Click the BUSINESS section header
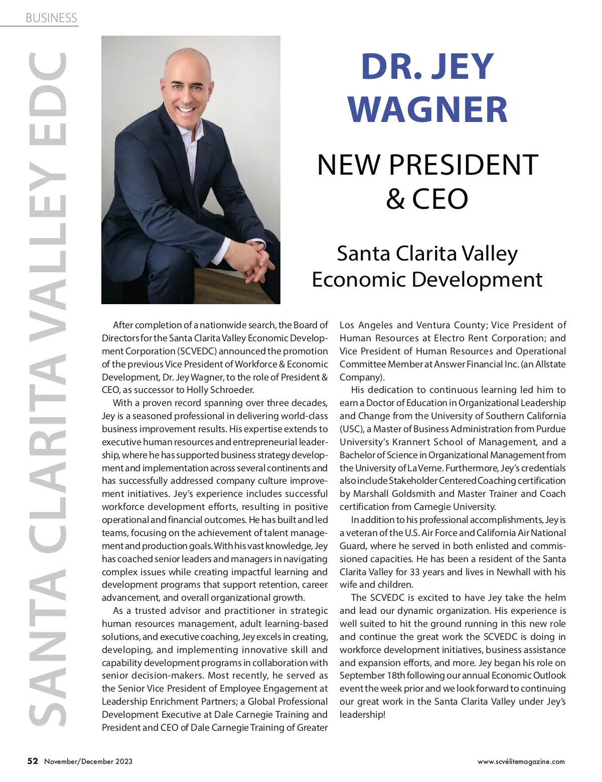[x=51, y=18]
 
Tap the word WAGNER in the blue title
[x=427, y=109]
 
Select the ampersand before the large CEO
[x=395, y=199]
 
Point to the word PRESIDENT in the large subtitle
[x=463, y=165]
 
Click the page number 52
[x=33, y=761]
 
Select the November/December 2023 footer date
[x=88, y=761]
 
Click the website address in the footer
[x=521, y=761]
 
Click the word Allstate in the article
[x=551, y=364]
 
